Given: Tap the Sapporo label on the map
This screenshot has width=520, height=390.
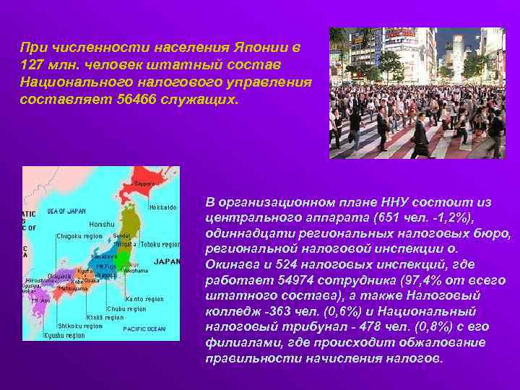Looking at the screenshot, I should [145, 184].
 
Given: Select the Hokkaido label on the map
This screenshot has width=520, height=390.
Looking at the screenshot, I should [163, 208].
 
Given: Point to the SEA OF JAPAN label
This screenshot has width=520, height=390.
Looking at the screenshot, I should [66, 211].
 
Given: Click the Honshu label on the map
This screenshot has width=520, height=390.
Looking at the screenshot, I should [102, 224].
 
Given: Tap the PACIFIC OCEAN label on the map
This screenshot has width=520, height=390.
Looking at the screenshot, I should [144, 329].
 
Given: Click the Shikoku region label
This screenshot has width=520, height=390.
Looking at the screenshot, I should [80, 326].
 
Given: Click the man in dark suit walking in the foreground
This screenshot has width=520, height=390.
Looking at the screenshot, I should [419, 137].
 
